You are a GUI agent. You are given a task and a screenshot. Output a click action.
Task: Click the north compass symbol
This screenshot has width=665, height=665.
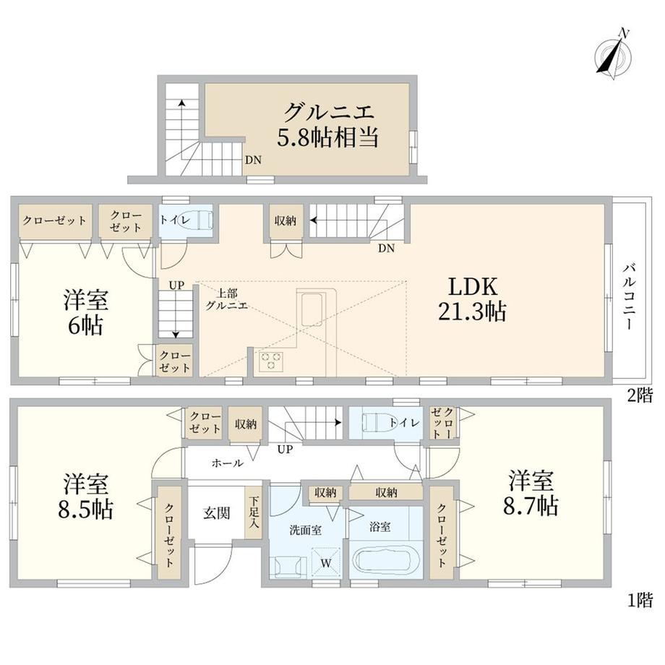tap(613, 54)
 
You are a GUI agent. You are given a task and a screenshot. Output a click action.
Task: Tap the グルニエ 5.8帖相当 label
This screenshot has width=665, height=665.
tap(327, 125)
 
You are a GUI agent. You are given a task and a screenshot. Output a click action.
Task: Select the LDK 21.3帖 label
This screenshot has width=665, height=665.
tap(472, 299)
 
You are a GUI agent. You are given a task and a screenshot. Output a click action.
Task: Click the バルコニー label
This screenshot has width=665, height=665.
tap(629, 296)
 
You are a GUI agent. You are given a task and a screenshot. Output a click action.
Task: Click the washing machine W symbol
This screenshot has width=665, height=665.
tap(326, 562)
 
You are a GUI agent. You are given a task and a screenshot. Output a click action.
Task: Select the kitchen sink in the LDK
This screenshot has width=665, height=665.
tap(311, 309)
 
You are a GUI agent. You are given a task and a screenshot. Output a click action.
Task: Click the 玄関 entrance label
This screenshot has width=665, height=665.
tap(216, 513)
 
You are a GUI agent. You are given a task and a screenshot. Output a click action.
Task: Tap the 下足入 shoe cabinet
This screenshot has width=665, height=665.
tap(253, 512)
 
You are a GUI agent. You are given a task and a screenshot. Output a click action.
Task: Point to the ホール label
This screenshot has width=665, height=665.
tap(227, 463)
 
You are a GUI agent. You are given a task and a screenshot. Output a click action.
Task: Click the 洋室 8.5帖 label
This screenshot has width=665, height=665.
tap(86, 496)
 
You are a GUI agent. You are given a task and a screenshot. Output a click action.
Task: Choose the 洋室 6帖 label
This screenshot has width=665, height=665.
tap(86, 312)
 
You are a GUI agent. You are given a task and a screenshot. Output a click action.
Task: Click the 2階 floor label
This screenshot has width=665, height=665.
tap(640, 395)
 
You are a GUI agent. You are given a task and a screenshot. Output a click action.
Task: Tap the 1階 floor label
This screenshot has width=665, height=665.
tap(640, 600)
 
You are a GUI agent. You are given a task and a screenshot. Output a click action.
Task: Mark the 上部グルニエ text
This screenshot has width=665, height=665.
tap(227, 299)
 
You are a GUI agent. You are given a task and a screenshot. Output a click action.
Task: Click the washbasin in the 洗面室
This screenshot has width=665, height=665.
tap(288, 566)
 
